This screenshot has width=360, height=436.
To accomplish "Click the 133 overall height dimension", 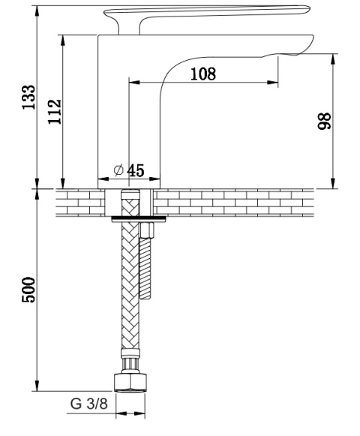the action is [x=29, y=97].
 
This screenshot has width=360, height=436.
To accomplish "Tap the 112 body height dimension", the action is [x=55, y=112].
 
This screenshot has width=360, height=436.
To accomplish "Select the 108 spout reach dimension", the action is [x=203, y=74].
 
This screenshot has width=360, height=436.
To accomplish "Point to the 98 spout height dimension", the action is [x=325, y=121].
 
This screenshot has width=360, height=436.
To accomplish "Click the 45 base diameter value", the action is [x=136, y=170].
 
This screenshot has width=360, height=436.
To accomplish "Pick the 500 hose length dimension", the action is [x=29, y=290].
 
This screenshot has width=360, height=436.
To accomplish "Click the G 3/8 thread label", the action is [x=88, y=404].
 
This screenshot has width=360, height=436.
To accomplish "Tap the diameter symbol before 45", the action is [x=118, y=170].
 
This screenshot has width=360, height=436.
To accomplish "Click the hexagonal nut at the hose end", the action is [x=130, y=383].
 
